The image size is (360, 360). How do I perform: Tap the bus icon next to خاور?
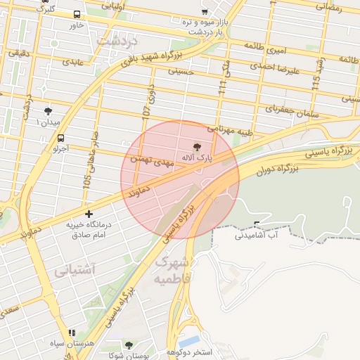[77, 14]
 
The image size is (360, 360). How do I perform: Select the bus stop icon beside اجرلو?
[61, 138]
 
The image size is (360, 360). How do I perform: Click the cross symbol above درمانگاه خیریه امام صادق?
[89, 213]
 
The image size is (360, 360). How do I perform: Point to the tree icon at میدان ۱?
[48, 111]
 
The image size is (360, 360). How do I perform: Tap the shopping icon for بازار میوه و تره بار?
[205, 12]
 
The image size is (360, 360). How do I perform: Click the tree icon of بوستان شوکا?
[128, 345]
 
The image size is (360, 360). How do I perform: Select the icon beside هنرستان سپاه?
[71, 333]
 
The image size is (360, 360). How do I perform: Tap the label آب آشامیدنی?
[275, 235]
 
